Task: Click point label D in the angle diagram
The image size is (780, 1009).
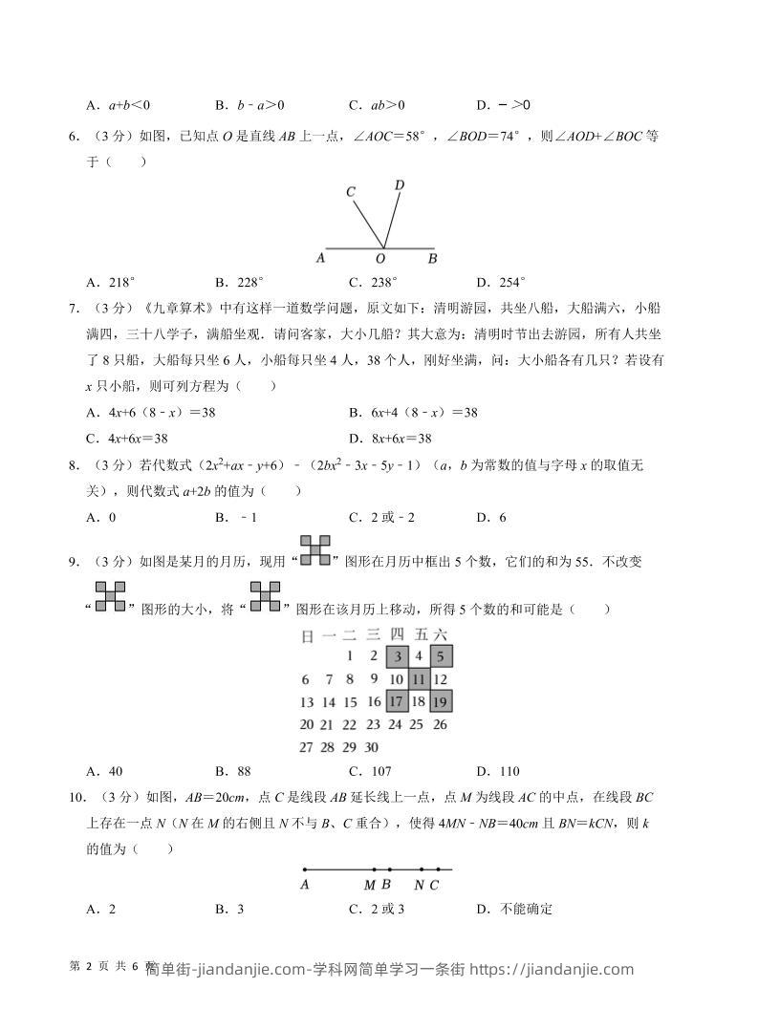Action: click(400, 184)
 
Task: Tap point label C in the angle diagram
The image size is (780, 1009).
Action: click(351, 192)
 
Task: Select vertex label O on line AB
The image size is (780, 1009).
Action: click(380, 259)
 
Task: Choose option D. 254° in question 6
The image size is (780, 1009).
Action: click(501, 282)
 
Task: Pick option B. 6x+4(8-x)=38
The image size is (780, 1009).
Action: click(413, 413)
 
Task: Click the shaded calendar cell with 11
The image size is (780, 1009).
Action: click(418, 679)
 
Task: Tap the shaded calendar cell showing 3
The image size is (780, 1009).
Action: click(397, 656)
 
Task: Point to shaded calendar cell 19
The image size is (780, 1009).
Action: click(440, 701)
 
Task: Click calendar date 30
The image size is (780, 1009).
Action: click(373, 747)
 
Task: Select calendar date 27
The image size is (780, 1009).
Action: click(306, 747)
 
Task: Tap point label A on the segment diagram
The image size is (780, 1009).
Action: click(304, 886)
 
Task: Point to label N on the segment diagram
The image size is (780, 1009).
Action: click(420, 886)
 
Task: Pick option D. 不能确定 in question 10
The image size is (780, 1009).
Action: click(514, 909)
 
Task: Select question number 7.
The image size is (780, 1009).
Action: click(74, 309)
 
